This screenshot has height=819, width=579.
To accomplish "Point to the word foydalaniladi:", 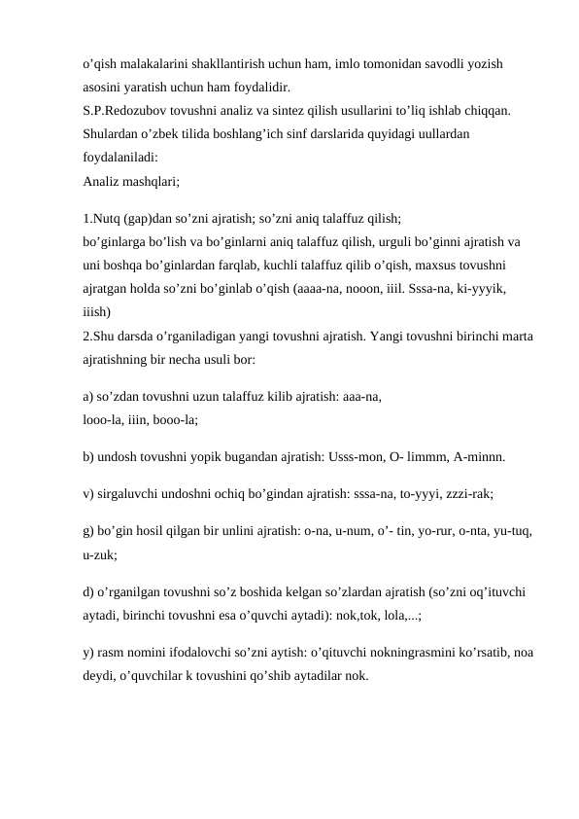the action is coord(121,158).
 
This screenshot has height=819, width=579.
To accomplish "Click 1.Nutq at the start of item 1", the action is coord(105,219).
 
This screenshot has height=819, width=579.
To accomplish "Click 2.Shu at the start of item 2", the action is coord(105,337).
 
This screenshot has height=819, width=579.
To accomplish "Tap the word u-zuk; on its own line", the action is coord(101,554).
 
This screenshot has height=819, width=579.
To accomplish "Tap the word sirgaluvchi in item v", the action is coord(130,493).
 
